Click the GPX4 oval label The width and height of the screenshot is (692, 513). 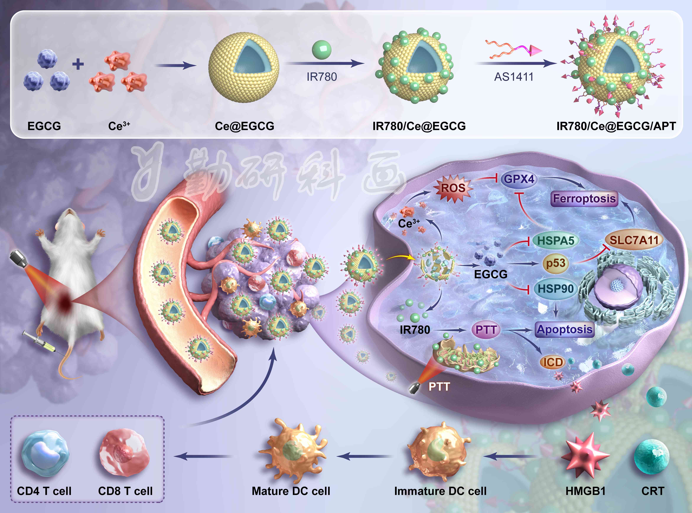point(519,179)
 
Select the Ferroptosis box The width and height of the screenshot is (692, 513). point(584,199)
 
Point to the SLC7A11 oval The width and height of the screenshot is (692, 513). point(634,240)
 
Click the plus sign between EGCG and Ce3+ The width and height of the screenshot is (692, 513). point(78,64)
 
